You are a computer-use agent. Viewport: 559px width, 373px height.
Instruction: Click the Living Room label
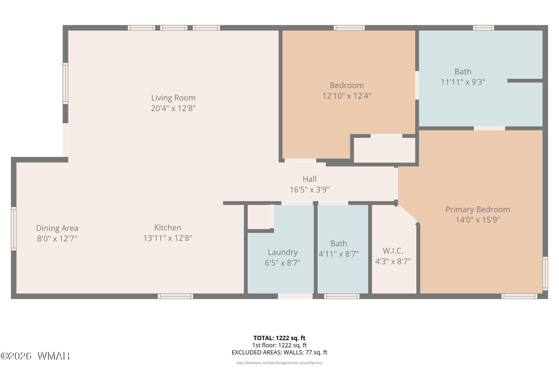[x=173, y=98]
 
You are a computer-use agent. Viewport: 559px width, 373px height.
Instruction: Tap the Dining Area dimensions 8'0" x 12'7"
[x=57, y=239]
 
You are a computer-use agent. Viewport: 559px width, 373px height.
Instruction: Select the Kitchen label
[x=168, y=228]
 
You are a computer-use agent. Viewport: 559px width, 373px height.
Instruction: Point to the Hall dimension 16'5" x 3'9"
[x=310, y=190]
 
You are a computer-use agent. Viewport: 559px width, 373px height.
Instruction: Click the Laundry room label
[x=283, y=252]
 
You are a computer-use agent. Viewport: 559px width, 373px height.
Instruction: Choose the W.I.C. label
[x=393, y=251]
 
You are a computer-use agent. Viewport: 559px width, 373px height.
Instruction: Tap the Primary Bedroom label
[x=478, y=210]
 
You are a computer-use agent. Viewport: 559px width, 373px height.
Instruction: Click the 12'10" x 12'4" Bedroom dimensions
[x=347, y=96]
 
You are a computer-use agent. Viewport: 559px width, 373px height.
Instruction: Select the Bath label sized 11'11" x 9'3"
[x=463, y=72]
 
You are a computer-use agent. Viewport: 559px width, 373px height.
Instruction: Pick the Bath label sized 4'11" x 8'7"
[x=339, y=243]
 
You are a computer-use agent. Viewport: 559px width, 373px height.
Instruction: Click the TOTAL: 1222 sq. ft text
[x=279, y=338]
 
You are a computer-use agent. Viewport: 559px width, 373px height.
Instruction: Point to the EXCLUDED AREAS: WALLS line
[x=279, y=353]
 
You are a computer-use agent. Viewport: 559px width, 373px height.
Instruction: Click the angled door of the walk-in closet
[x=407, y=215]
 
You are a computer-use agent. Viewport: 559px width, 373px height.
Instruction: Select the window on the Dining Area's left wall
[x=14, y=229]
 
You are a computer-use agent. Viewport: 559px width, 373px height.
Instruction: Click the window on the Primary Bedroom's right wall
[x=545, y=273]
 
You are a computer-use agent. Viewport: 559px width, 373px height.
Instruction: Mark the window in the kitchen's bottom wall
[x=176, y=296]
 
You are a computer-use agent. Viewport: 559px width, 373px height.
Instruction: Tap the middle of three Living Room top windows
[x=174, y=28]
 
